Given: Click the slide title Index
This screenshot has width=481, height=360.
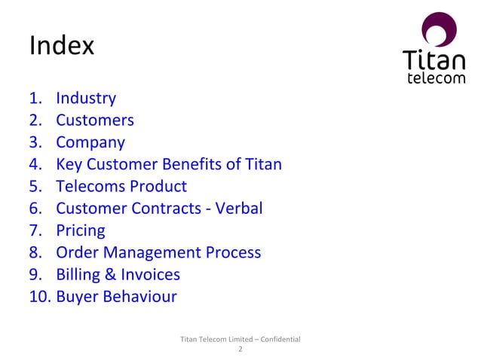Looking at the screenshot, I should pos(61,47).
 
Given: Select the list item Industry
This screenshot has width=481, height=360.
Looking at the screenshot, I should pos(86,98).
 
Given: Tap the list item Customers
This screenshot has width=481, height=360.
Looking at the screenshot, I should pos(95,120).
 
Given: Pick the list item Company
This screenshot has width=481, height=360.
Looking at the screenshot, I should pos(90,142).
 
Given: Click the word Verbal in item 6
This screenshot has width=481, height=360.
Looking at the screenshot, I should pos(239,208).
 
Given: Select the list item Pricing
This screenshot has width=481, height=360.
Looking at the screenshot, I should pos(81,230).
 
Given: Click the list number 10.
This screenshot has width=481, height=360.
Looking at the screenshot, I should pos(39,296).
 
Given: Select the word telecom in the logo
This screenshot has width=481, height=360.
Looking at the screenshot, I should pos(436,78).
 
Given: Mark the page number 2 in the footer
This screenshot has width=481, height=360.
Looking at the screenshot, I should pos(240,349).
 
